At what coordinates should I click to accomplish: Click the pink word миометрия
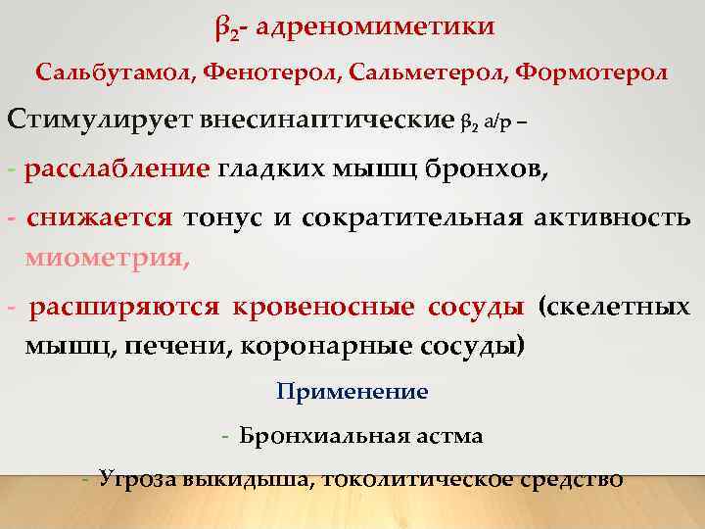107,259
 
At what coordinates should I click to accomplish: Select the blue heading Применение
352,392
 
